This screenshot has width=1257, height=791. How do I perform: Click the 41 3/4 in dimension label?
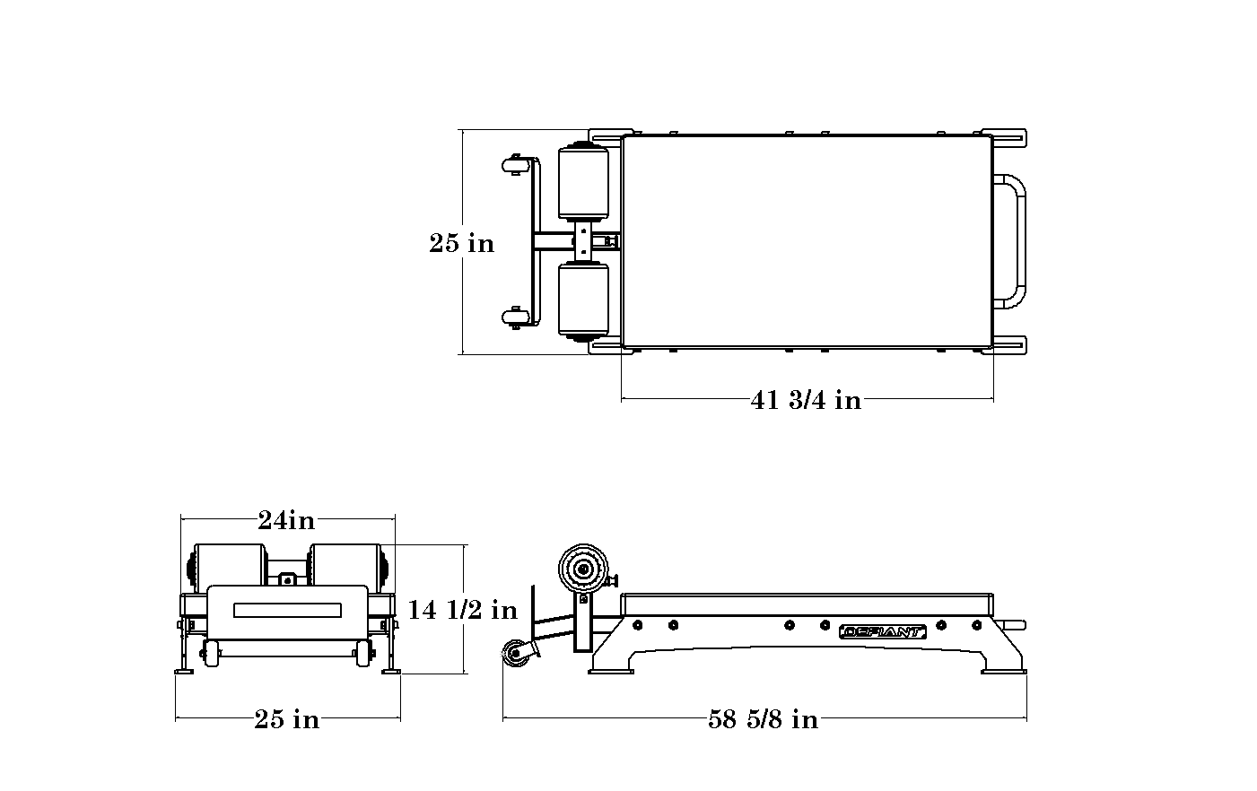[x=806, y=401]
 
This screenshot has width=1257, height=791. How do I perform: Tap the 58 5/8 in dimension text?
[x=764, y=719]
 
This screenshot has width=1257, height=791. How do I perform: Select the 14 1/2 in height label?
[x=462, y=610]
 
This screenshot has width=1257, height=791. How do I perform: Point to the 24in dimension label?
[x=286, y=520]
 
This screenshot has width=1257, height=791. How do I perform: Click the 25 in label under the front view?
[x=287, y=719]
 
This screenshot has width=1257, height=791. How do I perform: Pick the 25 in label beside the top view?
[x=462, y=243]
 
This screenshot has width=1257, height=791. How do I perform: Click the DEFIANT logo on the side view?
[x=883, y=632]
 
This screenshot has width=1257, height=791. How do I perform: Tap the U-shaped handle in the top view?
[x=1009, y=241]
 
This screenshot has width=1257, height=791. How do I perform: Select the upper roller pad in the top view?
[x=583, y=182]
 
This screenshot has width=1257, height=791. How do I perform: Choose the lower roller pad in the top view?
[x=583, y=301]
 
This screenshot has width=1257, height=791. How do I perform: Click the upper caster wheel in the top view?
[x=516, y=166]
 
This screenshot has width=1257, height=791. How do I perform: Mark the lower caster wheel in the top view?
[x=516, y=318]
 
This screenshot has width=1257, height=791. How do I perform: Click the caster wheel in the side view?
[x=515, y=654]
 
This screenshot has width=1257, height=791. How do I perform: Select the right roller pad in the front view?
[x=345, y=568]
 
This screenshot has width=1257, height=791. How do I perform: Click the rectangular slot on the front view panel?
[x=287, y=611]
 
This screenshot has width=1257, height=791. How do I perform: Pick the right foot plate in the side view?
[x=1004, y=671]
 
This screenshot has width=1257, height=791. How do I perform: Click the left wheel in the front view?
[x=211, y=654]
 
